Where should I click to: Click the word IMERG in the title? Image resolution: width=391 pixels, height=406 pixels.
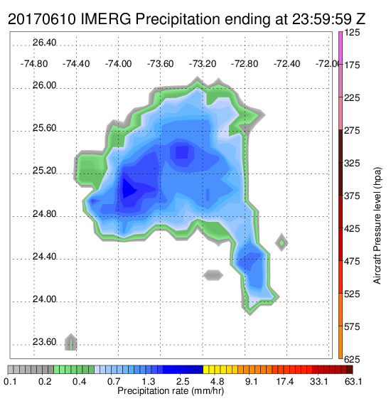pos(106,19)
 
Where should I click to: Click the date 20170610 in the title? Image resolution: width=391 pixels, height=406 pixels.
pos(42,19)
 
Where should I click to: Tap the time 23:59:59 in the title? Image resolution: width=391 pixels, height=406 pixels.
pos(322,19)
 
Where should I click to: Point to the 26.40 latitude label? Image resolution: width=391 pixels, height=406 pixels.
pos(44,43)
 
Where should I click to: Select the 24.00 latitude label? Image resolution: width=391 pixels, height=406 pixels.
pos(44,299)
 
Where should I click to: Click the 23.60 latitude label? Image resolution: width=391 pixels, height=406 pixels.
pos(44,342)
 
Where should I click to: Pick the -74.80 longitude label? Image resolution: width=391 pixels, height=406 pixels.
pos(34,64)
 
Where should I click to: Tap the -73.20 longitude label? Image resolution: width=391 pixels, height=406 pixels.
pos(203,64)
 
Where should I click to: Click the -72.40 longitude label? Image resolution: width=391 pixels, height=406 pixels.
pos(286,64)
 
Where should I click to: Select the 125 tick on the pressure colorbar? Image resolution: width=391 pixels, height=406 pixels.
pos(352,33)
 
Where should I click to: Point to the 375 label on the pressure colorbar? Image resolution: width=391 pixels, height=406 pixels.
pos(352,196)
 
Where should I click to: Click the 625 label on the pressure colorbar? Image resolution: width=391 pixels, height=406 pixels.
pos(352,359)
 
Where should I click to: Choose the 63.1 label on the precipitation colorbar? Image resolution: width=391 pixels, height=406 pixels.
pos(353,381)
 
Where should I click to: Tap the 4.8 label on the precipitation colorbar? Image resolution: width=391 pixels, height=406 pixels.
pos(218,381)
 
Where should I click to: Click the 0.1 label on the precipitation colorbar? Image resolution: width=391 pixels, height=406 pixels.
pos(11,381)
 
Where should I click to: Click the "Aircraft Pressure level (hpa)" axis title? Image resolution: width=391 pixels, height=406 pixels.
pos(377,225)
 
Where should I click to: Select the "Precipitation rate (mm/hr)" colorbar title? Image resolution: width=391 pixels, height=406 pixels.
pos(171,391)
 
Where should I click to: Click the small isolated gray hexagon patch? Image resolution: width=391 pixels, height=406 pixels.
pos(213,275)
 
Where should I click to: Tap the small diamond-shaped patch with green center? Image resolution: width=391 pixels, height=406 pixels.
pos(282,242)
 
